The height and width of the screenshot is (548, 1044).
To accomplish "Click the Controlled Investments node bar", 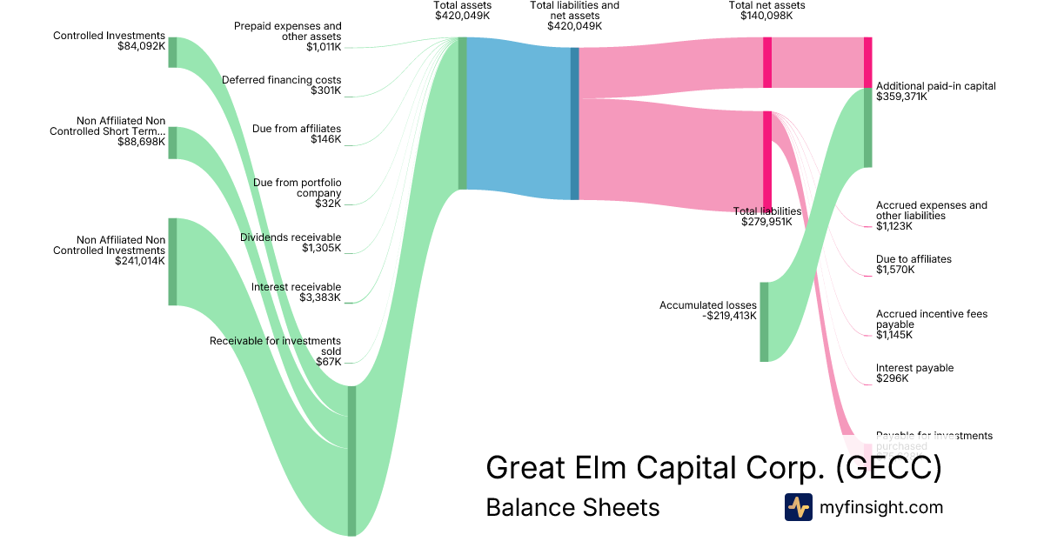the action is click(x=172, y=52).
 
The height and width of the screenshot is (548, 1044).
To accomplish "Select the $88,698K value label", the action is click(x=141, y=142).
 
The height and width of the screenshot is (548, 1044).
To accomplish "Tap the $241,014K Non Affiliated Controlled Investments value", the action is click(x=140, y=260).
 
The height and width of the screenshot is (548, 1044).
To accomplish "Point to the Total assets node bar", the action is click(x=463, y=113).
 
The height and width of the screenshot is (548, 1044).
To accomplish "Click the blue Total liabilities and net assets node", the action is click(x=574, y=124).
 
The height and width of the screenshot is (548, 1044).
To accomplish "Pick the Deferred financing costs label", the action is click(x=282, y=80).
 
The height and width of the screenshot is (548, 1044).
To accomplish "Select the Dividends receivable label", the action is click(x=291, y=237).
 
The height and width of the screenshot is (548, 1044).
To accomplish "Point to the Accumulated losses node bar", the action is click(x=764, y=321).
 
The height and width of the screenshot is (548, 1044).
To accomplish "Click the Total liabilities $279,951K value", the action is click(x=766, y=222).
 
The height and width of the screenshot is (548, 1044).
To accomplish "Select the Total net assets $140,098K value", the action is click(x=766, y=16).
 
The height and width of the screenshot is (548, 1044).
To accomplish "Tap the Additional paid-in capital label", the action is click(x=935, y=86).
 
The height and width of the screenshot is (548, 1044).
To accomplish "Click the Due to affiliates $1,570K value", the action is click(x=895, y=270).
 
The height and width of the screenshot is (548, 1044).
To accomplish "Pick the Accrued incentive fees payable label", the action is click(x=931, y=318).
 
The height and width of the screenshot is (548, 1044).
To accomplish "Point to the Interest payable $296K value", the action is click(x=892, y=378).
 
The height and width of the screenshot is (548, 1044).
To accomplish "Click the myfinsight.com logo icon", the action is click(x=798, y=507).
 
